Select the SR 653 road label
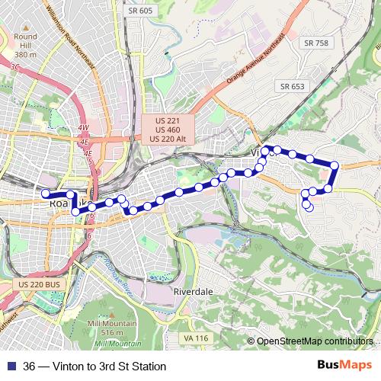pyautogui.click(x=291, y=86)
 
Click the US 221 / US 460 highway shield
pyautogui.click(x=168, y=129)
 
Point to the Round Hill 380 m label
pyautogui.click(x=25, y=46)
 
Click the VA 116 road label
pyautogui.click(x=195, y=338)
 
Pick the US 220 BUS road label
pyautogui.click(x=37, y=283)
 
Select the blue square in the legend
pyautogui.click(x=10, y=367)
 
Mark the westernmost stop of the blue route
pyautogui.click(x=45, y=194)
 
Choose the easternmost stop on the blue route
pyautogui.click(x=335, y=165)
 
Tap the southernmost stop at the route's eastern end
pyautogui.click(x=309, y=207)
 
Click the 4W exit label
pyautogui.click(x=83, y=127)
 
